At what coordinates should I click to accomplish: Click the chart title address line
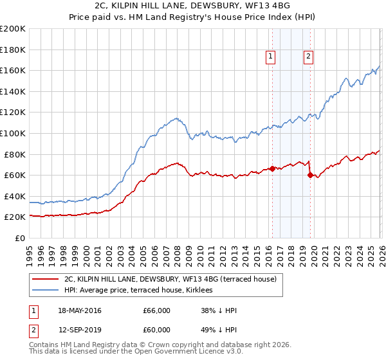[192, 6]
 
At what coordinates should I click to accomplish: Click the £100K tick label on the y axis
[13, 133]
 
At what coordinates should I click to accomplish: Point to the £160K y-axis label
[13, 70]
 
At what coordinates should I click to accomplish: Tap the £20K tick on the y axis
[15, 217]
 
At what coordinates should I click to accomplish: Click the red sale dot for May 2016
[272, 169]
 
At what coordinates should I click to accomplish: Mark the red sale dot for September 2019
[310, 175]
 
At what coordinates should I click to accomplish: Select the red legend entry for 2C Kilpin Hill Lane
[170, 279]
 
